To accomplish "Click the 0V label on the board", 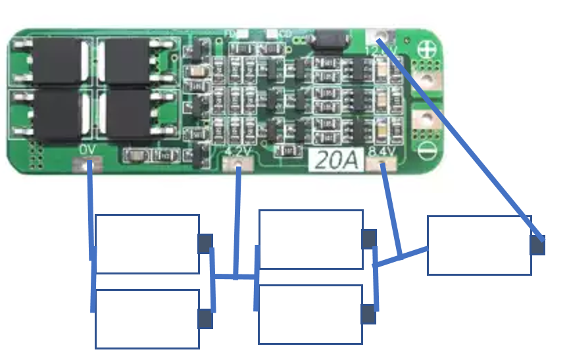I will coord(87,150).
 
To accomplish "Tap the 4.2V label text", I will coord(237,152).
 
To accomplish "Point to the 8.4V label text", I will coord(382,152).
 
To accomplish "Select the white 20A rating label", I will coord(336,159).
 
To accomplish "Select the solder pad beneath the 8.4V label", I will coord(385,163).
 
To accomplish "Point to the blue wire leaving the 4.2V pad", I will coord(237,217).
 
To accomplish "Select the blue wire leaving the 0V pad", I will coord(90,211).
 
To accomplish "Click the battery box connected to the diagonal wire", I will coord(479,245).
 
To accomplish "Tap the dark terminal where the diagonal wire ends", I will coord(537,245).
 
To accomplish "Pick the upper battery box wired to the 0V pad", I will coord(147,244).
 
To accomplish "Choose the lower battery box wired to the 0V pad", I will coord(147,319).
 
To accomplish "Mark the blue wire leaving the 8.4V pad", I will coord(391,211).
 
